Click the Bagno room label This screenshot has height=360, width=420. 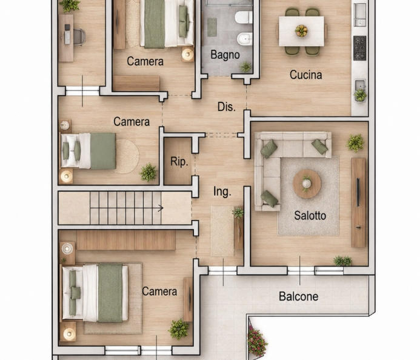click(225, 55)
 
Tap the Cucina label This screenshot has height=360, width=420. click(305, 75)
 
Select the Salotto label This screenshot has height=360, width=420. click(310, 216)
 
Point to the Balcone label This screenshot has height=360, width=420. click(298, 296)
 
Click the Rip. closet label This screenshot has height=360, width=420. click(179, 162)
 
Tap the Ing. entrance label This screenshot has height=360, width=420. click(222, 192)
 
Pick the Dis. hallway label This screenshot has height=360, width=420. click(227, 107)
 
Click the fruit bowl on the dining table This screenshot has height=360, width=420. click(301, 30)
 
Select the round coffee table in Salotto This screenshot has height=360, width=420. click(307, 184)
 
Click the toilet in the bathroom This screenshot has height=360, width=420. click(244, 18)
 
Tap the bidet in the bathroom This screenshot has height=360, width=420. click(245, 39)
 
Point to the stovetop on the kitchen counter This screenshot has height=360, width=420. click(359, 48)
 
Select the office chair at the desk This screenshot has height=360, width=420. click(78, 37)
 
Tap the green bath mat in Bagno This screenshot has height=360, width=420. click(212, 27)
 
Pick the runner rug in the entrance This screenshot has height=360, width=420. click(222, 232)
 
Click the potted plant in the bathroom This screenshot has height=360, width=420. click(245, 67)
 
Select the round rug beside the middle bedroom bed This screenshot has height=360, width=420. click(127, 156)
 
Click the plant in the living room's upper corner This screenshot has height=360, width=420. click(355, 143)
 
